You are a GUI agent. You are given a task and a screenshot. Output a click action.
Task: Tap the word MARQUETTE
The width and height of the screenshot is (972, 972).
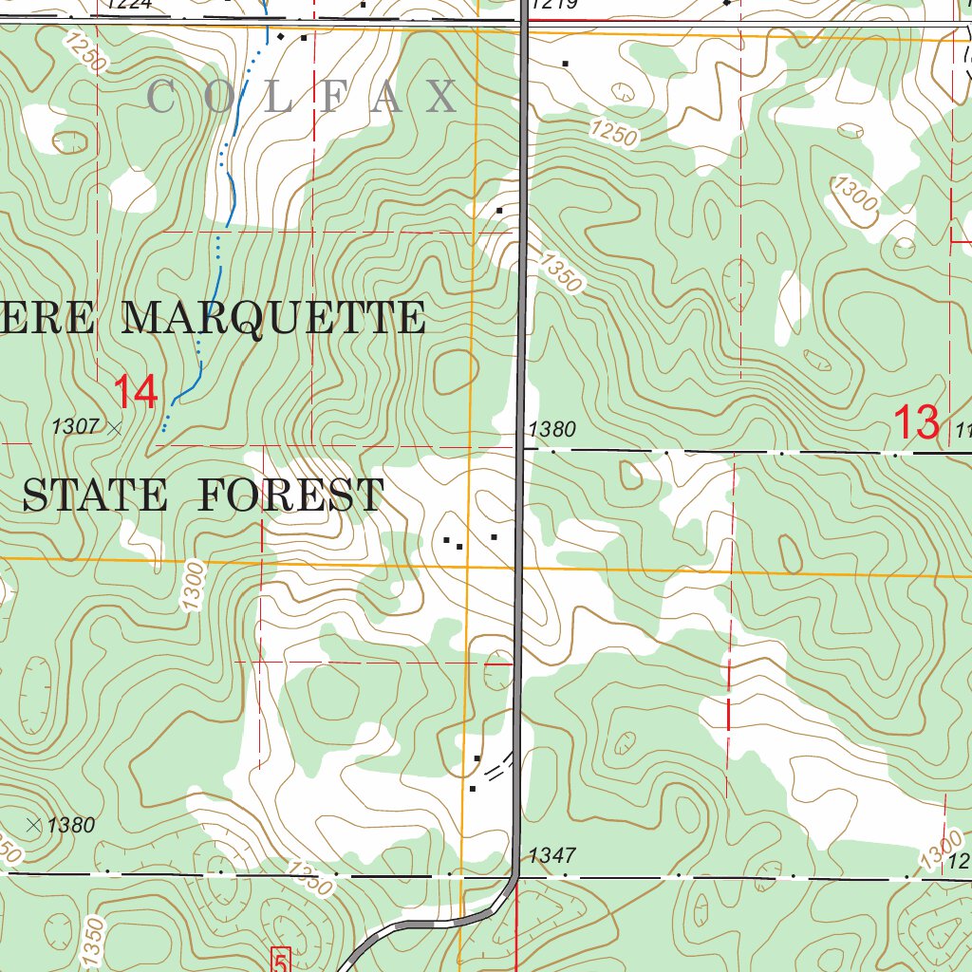tap(274, 318)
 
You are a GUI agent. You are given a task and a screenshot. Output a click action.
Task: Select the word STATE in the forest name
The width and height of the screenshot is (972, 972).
tap(95, 495)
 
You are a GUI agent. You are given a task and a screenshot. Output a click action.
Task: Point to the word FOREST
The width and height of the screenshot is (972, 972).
tap(291, 495)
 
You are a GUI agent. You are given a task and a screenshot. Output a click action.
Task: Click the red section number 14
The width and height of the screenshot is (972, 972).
tap(135, 392)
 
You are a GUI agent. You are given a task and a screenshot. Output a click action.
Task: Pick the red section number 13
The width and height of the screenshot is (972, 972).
tap(917, 422)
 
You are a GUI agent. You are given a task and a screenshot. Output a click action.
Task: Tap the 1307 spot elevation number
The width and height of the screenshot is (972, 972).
tap(75, 427)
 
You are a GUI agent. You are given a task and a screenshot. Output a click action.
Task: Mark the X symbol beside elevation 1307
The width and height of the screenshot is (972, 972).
tap(115, 429)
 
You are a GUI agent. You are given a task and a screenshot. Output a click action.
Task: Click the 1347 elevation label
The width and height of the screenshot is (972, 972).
tap(552, 856)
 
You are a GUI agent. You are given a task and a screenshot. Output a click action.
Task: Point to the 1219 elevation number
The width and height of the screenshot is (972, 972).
tap(552, 5)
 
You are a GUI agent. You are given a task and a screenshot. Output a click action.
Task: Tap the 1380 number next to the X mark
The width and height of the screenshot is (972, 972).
tap(71, 825)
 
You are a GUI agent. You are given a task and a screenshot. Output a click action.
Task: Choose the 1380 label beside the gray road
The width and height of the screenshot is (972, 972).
tap(551, 429)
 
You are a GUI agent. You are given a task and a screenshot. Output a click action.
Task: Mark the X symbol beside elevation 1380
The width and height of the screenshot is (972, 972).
tap(34, 824)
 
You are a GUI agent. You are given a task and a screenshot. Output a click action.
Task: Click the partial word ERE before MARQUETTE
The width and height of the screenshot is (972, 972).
tap(47, 318)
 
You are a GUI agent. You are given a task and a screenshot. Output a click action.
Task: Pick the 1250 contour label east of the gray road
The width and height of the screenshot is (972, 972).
tap(612, 133)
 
